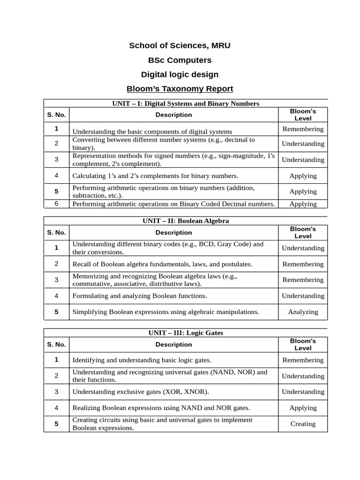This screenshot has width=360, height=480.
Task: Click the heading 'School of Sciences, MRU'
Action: coord(180,45)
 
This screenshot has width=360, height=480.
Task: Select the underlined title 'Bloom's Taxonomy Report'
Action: coord(180,89)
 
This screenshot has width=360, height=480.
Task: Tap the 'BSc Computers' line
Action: coord(180,60)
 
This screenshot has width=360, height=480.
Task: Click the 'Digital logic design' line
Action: coord(180,75)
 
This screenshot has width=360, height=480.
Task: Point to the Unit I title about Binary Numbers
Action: coord(186,103)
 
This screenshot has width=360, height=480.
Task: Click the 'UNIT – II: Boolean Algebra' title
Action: coord(186,221)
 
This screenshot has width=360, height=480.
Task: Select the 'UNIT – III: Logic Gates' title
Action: coord(186,333)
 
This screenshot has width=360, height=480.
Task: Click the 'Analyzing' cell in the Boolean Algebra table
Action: coord(303,312)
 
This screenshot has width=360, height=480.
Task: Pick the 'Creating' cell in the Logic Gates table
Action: coord(303,424)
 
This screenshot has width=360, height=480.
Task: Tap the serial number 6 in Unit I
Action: coord(56,204)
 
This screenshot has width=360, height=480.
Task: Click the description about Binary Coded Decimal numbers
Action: coord(173,204)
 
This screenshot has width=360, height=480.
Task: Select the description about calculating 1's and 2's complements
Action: coord(155,176)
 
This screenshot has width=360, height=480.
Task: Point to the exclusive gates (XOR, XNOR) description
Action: coord(141,392)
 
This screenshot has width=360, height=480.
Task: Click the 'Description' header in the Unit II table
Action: coord(174,232)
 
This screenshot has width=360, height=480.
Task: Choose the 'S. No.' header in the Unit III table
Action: coord(56,345)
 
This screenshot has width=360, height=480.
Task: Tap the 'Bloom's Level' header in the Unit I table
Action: coord(303,115)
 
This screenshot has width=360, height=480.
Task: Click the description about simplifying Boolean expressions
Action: coord(165,312)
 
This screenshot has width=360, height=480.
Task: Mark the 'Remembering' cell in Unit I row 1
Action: coord(303,129)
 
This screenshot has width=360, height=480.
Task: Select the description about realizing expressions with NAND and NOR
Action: coord(161,408)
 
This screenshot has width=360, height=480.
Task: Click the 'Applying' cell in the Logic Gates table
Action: coord(303,408)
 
